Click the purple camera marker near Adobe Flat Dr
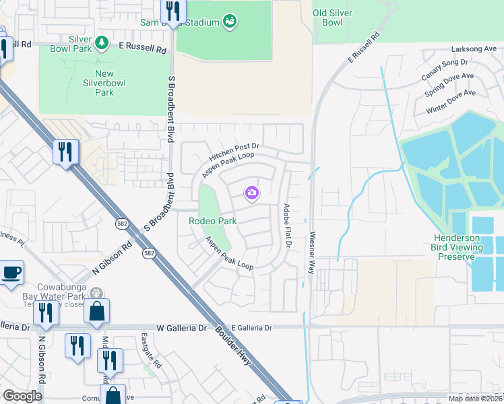pyautogui.click(x=252, y=194)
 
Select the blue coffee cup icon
pyautogui.click(x=12, y=273)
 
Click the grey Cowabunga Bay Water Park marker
pyautogui.click(x=96, y=293)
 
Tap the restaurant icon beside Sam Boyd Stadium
pyautogui.click(x=172, y=11)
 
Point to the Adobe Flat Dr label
pyautogui.click(x=286, y=225)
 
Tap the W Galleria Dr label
pyautogui.click(x=178, y=328)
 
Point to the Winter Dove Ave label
pyautogui.click(x=451, y=102)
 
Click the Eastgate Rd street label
pyautogui.click(x=152, y=350)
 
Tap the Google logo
pyautogui.click(x=23, y=396)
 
